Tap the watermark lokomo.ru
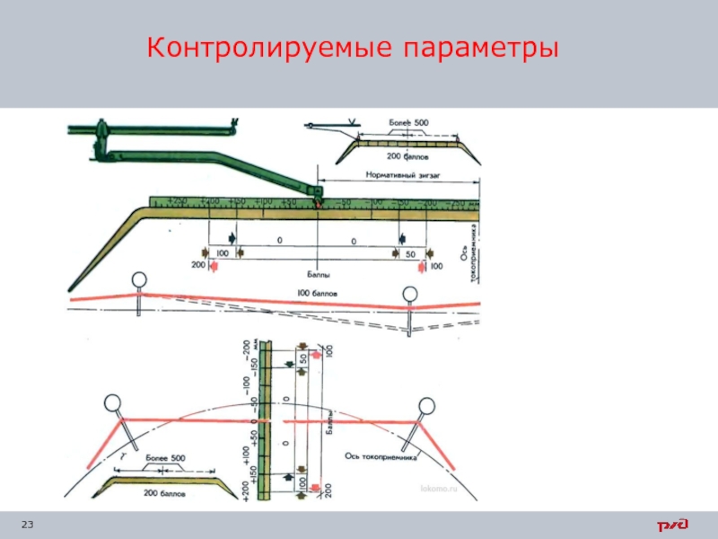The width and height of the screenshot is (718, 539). click(x=438, y=487)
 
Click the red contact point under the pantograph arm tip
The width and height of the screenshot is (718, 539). click(x=318, y=206)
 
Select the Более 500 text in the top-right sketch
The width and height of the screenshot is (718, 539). click(x=408, y=122)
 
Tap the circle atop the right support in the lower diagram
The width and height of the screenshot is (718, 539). click(x=424, y=407)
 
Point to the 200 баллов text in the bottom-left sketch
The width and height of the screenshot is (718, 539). click(x=163, y=492)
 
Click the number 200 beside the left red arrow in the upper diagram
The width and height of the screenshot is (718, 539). click(x=198, y=266)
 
